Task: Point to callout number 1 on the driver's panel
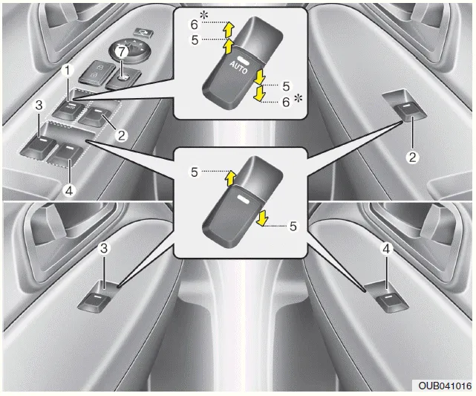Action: (x=68, y=71)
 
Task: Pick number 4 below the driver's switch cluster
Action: (x=68, y=189)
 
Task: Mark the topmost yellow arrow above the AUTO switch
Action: (x=229, y=28)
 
